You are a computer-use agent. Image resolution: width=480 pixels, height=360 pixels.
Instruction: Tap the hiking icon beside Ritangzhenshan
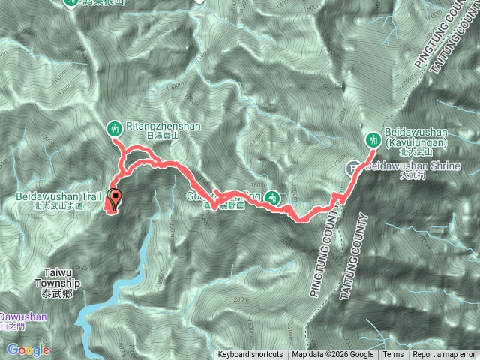[x=115, y=127]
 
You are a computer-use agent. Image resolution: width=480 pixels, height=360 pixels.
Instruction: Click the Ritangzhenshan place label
[x=163, y=127]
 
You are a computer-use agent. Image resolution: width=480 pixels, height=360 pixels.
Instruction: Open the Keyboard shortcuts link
[x=250, y=355]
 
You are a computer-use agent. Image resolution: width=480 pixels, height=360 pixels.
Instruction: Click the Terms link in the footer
[x=393, y=355]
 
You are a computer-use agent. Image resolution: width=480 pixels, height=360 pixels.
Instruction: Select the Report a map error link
[x=444, y=355]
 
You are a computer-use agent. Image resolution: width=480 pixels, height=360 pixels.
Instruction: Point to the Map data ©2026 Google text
[x=333, y=355]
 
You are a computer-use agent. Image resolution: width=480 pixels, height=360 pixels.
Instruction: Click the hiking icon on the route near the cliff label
[x=274, y=198]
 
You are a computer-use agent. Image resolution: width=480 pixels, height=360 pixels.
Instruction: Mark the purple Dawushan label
[x=22, y=317]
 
